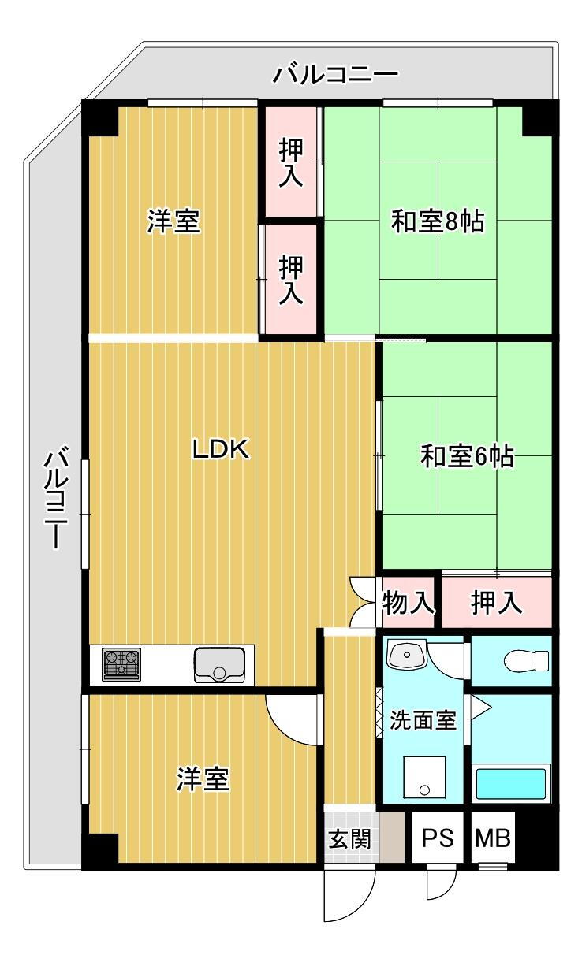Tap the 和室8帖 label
pos(438,223)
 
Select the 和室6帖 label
pos(467,456)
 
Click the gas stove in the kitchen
pos(121,664)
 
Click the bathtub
pos(511,784)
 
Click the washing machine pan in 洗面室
pos(423,778)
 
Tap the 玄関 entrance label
pos(349,838)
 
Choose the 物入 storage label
pos(408,604)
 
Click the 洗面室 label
pos(423,720)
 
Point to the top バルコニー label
pos(335,75)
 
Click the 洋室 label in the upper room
pos(173,222)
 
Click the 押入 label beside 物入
pos(496,604)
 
